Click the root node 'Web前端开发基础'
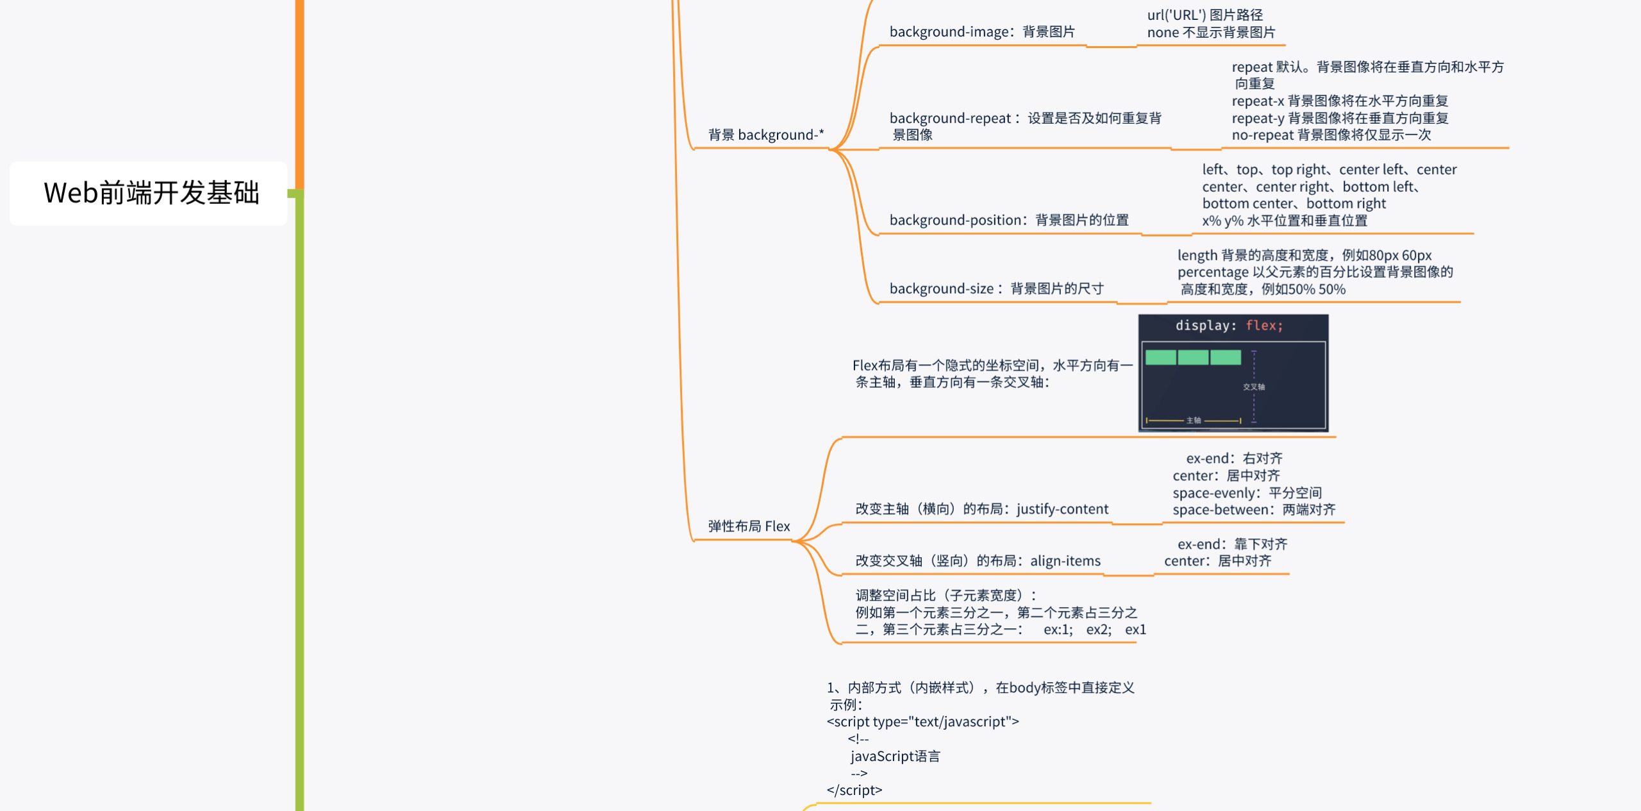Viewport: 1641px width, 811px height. tap(151, 193)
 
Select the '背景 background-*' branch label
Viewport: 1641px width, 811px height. tap(766, 135)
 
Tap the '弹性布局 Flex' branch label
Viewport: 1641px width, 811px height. tap(749, 526)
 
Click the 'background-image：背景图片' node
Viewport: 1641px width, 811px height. tap(982, 31)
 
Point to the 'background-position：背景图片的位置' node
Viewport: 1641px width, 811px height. tap(1009, 220)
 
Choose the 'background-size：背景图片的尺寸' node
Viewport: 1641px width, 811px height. tap(997, 288)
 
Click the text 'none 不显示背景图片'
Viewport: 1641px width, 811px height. tap(1211, 32)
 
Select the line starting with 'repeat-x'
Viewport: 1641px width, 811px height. tap(1340, 101)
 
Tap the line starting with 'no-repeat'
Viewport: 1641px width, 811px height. tap(1331, 135)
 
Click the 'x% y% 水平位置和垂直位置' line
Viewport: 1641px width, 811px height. tap(1285, 221)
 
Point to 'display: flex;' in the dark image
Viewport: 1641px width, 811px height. tap(1229, 326)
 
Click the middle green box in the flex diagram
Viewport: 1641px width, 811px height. tap(1193, 357)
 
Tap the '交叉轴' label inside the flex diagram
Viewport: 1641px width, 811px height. tap(1254, 387)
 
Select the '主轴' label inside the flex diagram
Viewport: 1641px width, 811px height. tap(1194, 421)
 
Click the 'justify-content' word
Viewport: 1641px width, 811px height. tap(1062, 509)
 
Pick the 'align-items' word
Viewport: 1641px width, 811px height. tap(1065, 561)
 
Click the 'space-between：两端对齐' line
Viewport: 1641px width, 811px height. tap(1254, 510)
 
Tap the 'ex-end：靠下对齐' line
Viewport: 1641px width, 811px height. tap(1232, 544)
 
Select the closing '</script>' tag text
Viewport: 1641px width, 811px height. tap(854, 790)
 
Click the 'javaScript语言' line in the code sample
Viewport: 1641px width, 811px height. tap(895, 756)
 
